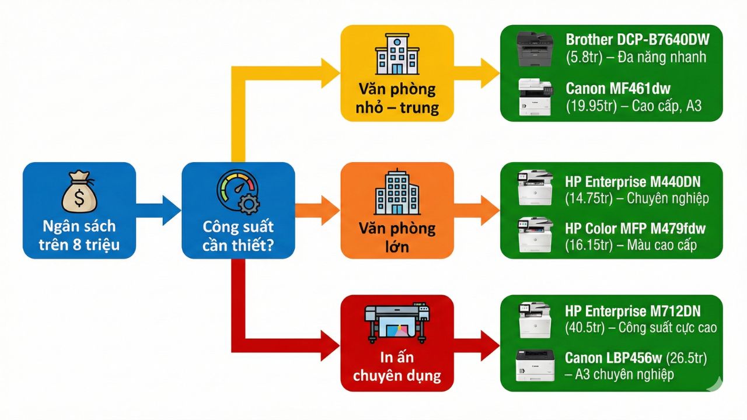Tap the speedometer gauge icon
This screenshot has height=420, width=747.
[238, 193]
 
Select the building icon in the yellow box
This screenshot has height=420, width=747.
[397, 54]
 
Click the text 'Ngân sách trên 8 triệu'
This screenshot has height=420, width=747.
[79, 235]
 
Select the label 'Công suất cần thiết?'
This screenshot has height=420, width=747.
[238, 235]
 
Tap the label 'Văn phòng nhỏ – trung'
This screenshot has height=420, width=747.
[397, 99]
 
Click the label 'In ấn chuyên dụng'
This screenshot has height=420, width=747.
[397, 366]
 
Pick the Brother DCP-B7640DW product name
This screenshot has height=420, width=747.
[637, 40]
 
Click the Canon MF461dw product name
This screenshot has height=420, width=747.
[618, 89]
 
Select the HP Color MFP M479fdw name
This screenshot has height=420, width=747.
[636, 228]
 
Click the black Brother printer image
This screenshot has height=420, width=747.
[534, 48]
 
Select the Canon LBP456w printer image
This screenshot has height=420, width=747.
[534, 365]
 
